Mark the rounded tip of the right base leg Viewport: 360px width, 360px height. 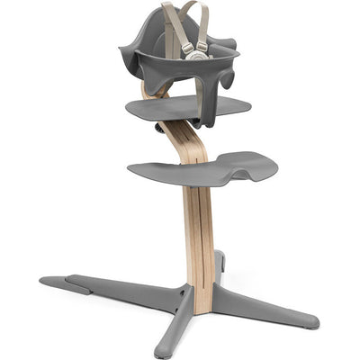click(311, 321)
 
